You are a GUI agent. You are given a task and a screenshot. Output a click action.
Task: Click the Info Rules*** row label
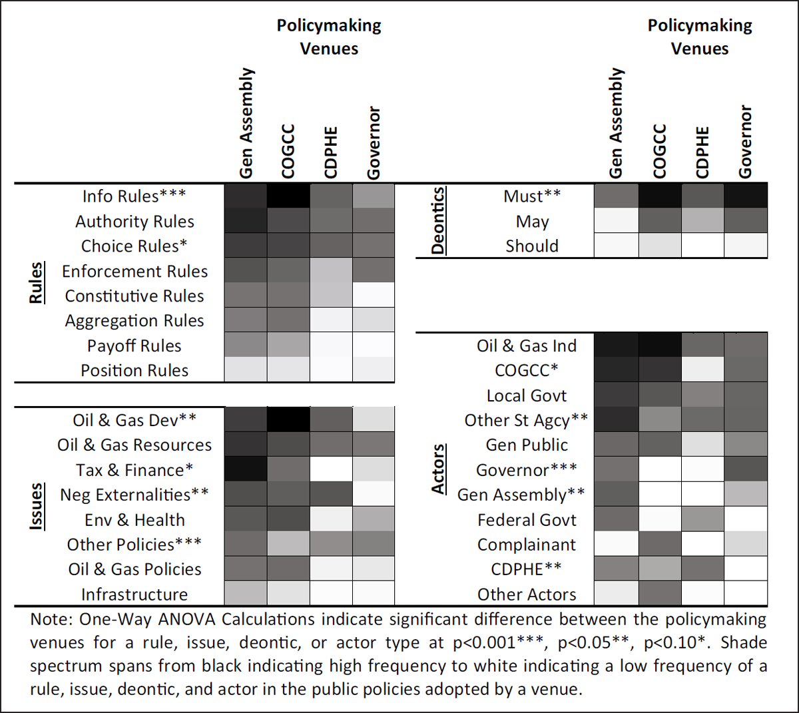pyautogui.click(x=134, y=196)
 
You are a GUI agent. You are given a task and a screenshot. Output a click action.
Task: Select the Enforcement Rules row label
pyautogui.click(x=134, y=272)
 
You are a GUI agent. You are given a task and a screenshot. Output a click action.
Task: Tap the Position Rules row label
pyautogui.click(x=134, y=371)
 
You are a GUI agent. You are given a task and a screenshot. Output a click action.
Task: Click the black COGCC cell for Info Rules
pyautogui.click(x=288, y=196)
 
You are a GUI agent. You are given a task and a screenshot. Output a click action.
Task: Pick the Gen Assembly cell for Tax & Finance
pyautogui.click(x=246, y=470)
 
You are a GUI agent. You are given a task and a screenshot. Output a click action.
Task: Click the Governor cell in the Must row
pyautogui.click(x=746, y=196)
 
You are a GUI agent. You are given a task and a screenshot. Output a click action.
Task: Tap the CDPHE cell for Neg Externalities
pyautogui.click(x=331, y=495)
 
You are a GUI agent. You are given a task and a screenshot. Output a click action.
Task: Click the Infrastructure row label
pyautogui.click(x=134, y=594)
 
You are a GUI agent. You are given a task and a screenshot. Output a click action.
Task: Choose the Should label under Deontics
pyautogui.click(x=532, y=246)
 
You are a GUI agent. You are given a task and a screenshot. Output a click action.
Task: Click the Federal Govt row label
pyautogui.click(x=527, y=520)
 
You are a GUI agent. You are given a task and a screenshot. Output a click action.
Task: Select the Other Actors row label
pyautogui.click(x=527, y=594)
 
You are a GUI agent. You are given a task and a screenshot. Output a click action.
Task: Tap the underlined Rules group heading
pyautogui.click(x=36, y=283)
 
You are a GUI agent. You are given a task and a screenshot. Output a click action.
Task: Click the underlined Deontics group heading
pyautogui.click(x=437, y=221)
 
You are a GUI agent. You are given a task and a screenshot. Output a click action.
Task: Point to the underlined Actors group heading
pyautogui.click(x=437, y=470)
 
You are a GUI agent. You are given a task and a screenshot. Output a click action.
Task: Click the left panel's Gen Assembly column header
pyautogui.click(x=246, y=123)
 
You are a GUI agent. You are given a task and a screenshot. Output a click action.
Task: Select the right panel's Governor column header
pyautogui.click(x=745, y=142)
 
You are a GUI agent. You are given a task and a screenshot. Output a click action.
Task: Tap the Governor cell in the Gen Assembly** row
pyautogui.click(x=746, y=495)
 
